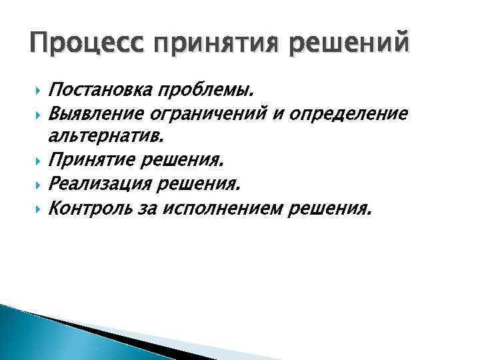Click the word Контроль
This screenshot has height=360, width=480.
point(91,209)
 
